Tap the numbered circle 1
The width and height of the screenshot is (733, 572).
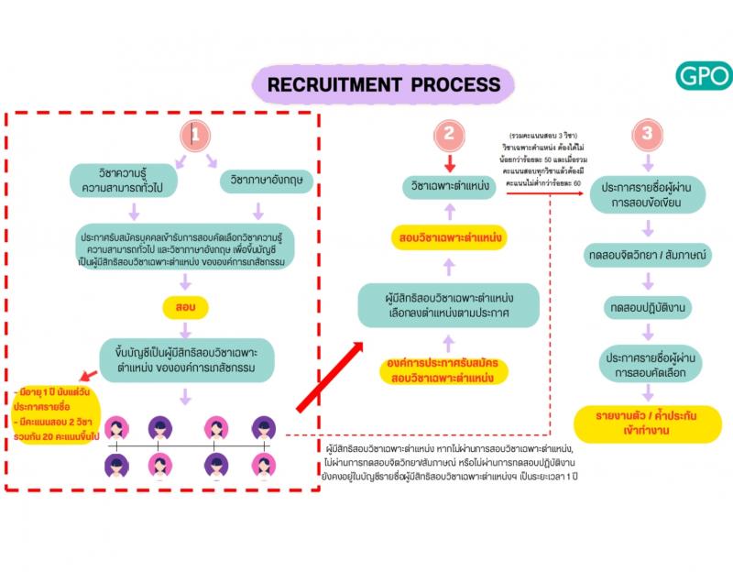click(x=194, y=135)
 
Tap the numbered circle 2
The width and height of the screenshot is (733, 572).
click(x=448, y=135)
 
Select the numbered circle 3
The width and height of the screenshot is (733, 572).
click(x=648, y=135)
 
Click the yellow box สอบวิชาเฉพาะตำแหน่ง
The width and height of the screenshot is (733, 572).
click(x=449, y=238)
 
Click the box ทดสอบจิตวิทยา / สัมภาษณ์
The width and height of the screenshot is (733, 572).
click(x=649, y=253)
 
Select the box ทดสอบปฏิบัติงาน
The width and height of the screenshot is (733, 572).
click(x=649, y=308)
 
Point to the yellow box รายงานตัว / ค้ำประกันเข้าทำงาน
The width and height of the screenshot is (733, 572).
click(x=649, y=423)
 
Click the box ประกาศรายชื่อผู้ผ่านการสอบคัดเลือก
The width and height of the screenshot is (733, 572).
click(x=649, y=363)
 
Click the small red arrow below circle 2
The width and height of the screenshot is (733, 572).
click(x=448, y=163)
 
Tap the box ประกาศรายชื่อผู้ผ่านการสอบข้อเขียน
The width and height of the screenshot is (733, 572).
click(x=649, y=195)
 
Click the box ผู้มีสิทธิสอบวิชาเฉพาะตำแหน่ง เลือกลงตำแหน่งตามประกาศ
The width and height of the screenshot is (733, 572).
click(x=448, y=305)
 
